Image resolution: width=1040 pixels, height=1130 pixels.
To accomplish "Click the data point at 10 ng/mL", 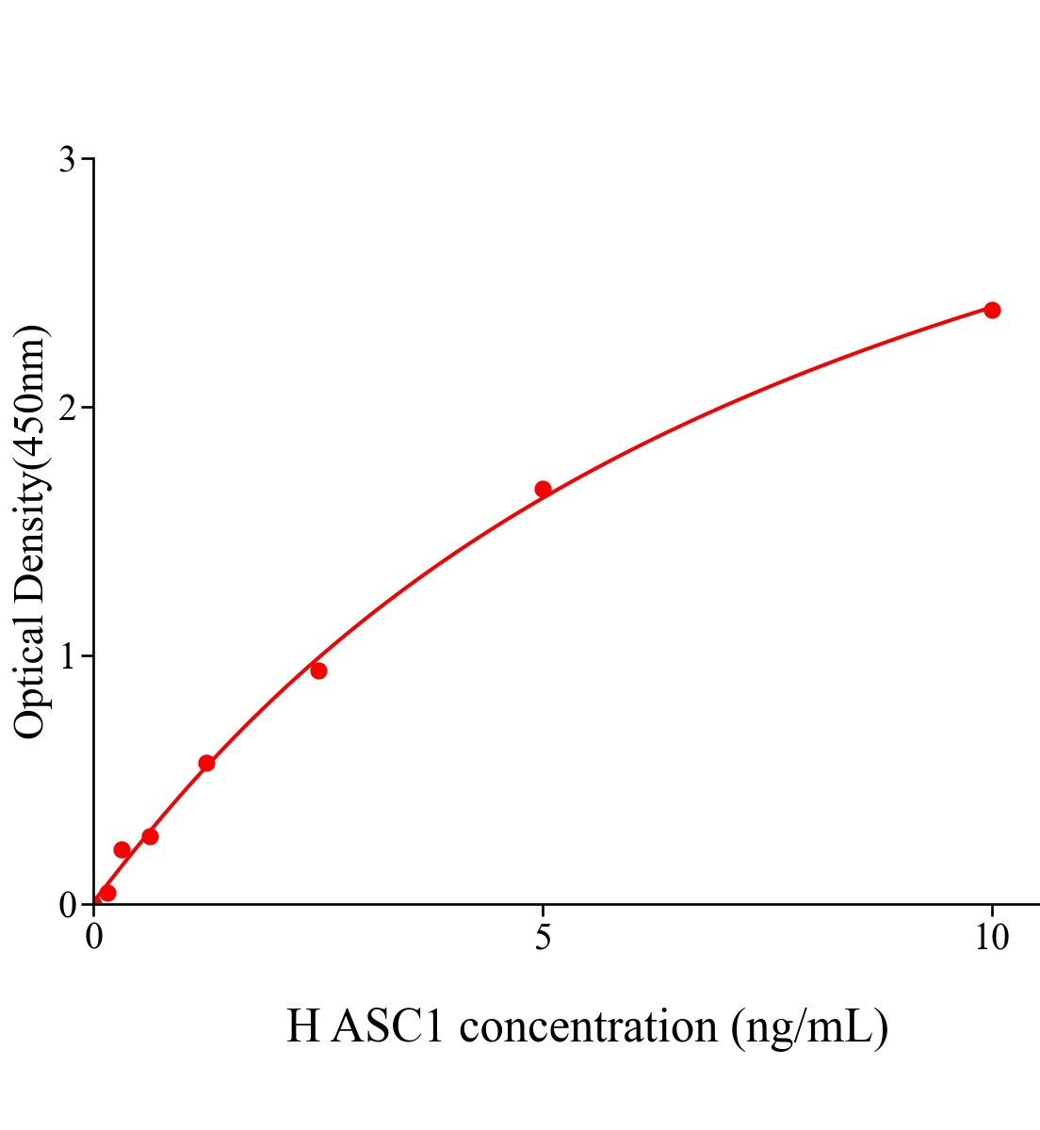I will pos(992,310).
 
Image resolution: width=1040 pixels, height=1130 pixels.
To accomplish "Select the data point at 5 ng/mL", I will pos(543,489).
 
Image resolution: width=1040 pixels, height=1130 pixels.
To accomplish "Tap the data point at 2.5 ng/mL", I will pos(318,670).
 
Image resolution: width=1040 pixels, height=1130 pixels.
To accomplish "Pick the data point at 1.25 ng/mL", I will pos(206,763).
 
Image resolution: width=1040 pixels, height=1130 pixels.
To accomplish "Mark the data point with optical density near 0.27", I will pos(150,836).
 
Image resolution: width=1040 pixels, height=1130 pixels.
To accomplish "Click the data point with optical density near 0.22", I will pos(122,849).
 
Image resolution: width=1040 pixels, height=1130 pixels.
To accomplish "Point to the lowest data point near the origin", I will pos(107,893).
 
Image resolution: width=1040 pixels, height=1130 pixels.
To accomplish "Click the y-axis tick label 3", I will pos(67,160).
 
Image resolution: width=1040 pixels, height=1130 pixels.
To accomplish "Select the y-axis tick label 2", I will pos(67,408).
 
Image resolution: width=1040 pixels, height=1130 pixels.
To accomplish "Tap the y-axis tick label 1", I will pos(67,656).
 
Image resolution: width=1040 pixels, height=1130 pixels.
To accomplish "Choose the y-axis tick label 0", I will pos(67,905).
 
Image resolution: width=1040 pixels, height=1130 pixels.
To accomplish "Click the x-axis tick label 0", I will pos(94,938).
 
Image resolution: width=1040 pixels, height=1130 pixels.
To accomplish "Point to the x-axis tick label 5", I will pos(543,938).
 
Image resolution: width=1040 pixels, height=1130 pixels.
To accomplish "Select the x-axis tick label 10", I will pos(991,938).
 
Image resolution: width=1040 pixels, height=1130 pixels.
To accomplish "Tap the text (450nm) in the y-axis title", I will pos(30,395).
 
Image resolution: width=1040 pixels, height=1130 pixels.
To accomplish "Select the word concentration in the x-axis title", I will pos(589,1026).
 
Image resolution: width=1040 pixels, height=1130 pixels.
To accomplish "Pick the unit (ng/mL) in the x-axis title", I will pos(809,1026).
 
